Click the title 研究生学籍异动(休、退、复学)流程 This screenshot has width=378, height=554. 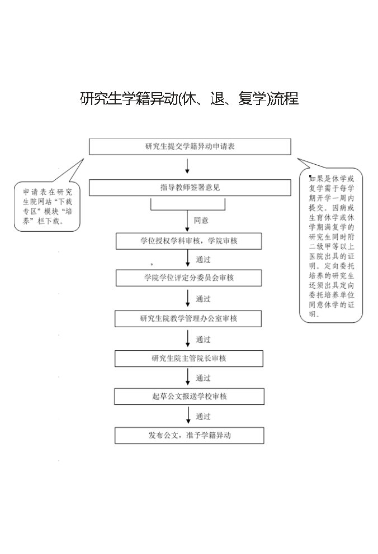[x=189, y=99]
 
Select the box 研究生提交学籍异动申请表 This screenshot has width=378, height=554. [x=190, y=146]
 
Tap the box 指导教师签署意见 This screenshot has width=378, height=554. [x=190, y=188]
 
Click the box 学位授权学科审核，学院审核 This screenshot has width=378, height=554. [x=189, y=241]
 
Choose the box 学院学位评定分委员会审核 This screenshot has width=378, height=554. [x=189, y=278]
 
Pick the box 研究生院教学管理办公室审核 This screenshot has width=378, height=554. [x=189, y=318]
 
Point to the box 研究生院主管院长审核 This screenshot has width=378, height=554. [x=189, y=359]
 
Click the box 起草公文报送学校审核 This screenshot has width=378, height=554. [x=189, y=397]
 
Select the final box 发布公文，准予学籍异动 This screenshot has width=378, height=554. [x=189, y=436]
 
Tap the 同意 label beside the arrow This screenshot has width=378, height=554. [x=201, y=221]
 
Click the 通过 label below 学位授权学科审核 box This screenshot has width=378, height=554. [x=203, y=260]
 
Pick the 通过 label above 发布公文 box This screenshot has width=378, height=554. [x=203, y=417]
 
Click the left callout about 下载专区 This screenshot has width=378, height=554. [x=47, y=206]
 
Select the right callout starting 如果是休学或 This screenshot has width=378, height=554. [x=332, y=246]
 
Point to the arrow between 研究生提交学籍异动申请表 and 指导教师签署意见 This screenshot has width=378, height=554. [x=187, y=166]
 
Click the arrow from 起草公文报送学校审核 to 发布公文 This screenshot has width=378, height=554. [x=187, y=416]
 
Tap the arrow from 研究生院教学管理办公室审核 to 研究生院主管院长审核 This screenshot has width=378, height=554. [x=187, y=338]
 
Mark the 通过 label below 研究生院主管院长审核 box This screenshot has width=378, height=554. [x=203, y=378]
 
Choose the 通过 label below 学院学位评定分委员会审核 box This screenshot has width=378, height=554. [x=203, y=299]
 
